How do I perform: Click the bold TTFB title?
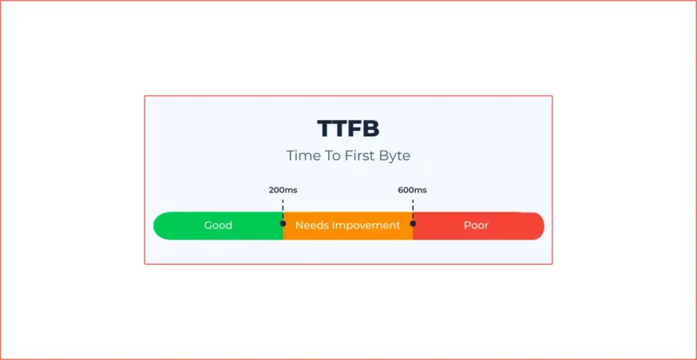(x=348, y=129)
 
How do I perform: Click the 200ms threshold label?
(x=283, y=191)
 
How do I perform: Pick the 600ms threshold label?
(x=412, y=191)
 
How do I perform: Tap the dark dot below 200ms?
(x=282, y=223)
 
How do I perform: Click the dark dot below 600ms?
(x=413, y=223)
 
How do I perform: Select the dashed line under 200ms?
(x=282, y=210)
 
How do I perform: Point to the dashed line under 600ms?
(x=413, y=210)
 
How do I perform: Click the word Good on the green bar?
(x=218, y=225)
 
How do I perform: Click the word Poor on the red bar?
(x=476, y=225)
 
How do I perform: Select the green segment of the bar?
(x=218, y=226)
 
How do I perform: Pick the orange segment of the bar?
(x=348, y=226)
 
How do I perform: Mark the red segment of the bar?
(x=479, y=226)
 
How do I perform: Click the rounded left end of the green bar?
(x=157, y=226)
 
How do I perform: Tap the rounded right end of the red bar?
(x=540, y=226)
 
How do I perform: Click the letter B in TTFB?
(x=371, y=129)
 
